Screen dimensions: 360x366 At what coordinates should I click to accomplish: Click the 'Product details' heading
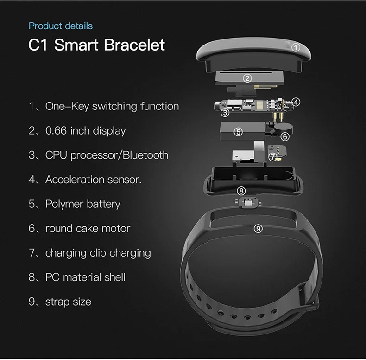coord(61,26)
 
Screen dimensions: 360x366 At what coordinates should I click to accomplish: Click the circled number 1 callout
coord(297,47)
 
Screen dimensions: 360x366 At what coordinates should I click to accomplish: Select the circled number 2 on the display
coord(247,78)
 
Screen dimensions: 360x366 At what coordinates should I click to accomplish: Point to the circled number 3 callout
coord(225,112)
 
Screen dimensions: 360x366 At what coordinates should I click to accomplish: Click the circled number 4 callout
coord(296,102)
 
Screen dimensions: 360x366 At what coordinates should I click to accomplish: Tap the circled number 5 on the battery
coord(238,132)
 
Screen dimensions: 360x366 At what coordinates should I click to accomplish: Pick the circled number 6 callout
coord(285,136)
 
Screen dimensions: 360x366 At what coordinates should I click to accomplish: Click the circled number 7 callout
coord(273,157)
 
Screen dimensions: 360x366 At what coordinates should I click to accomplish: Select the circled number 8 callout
coord(240,191)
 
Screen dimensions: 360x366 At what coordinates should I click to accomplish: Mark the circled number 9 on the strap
coord(259,228)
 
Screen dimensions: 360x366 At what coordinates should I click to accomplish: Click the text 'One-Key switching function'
coord(112,106)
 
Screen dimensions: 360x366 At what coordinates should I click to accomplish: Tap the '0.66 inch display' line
coord(85,131)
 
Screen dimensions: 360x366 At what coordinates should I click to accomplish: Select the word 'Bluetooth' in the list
coord(145,155)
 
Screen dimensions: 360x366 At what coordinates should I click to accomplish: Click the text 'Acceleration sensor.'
coord(93,180)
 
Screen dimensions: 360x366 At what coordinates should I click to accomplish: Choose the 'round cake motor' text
coord(88,229)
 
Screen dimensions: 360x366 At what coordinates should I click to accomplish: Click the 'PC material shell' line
coord(85,277)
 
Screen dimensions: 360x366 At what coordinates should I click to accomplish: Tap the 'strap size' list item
coord(68,302)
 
